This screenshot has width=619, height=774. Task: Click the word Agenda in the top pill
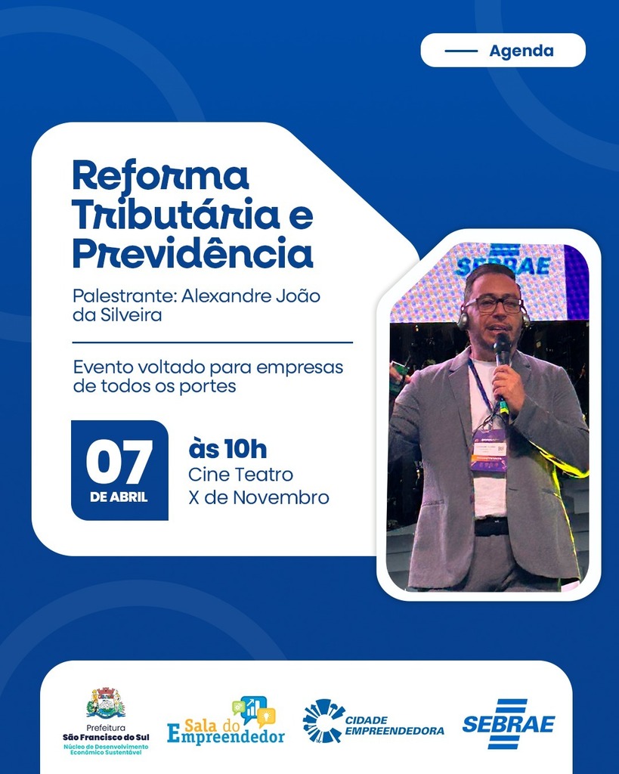point(521,51)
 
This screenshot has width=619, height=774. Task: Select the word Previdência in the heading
point(192,254)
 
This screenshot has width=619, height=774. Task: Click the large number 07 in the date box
point(119,463)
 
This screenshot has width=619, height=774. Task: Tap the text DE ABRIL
point(119,497)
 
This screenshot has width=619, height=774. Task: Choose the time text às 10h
point(227,449)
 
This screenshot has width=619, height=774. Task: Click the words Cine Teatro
point(240,475)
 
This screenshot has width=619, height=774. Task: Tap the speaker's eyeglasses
point(494,305)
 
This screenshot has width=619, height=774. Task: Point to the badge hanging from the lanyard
point(488,450)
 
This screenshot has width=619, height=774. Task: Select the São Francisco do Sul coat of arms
point(106,703)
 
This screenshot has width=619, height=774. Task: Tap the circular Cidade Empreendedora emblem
point(322,720)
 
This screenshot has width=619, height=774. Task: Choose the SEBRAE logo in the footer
point(508,723)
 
